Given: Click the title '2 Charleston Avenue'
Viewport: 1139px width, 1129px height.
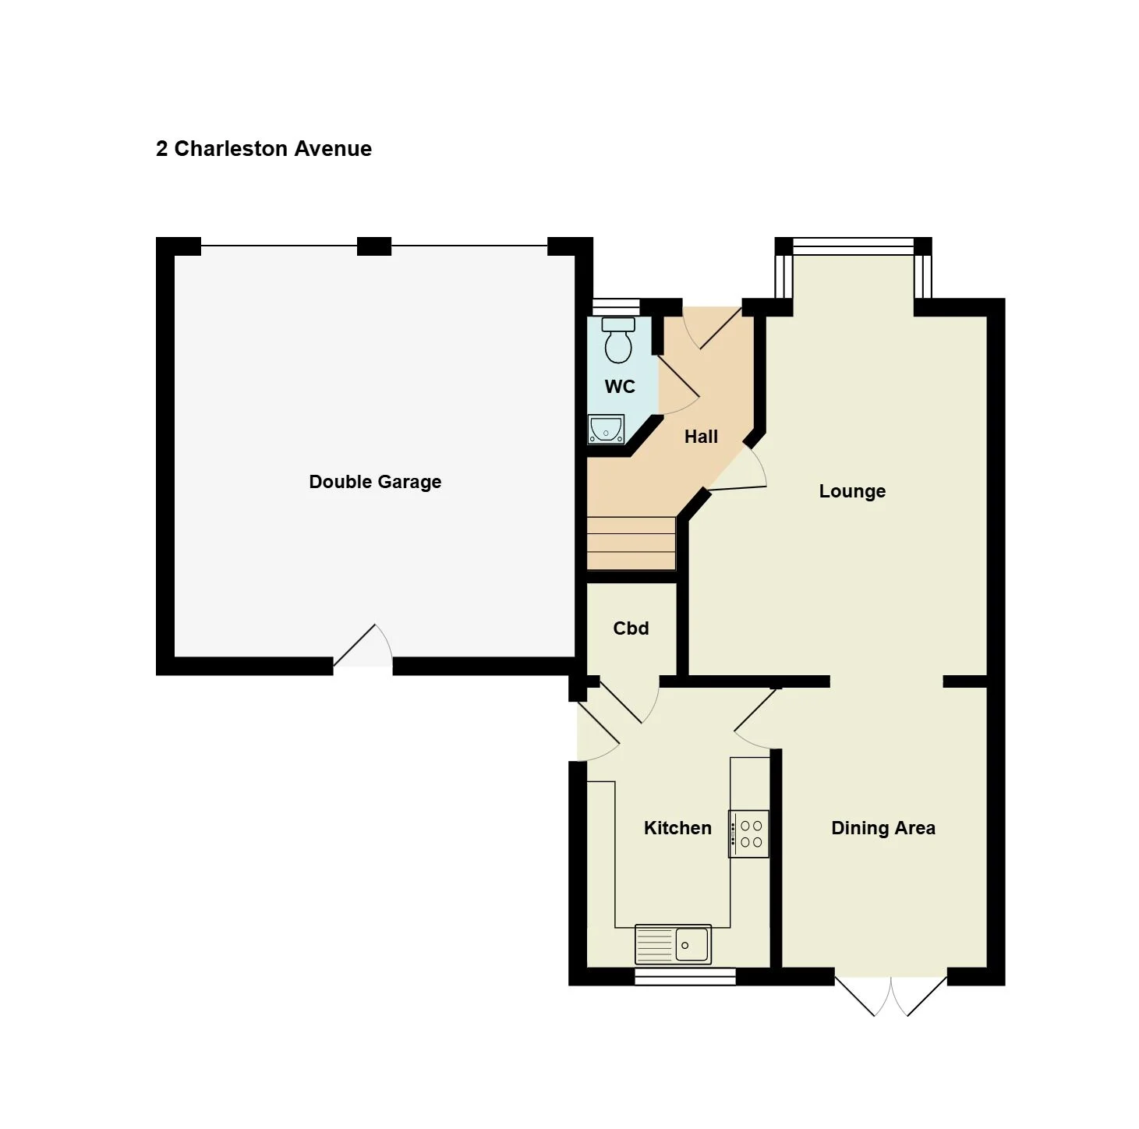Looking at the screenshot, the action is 264,148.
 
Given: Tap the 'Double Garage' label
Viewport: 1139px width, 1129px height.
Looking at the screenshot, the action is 375,481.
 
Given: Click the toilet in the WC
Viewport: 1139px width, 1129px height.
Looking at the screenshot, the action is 618,340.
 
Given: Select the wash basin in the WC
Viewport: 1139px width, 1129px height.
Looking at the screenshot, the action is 606,429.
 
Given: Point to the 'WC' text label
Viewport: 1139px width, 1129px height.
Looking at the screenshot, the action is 620,386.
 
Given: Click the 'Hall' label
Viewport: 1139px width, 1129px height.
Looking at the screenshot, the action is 700,437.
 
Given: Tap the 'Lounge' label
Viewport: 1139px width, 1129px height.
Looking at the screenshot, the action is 852,491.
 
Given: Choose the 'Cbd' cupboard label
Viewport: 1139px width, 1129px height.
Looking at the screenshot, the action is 631,628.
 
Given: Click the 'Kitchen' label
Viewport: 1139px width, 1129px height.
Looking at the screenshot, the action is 677,827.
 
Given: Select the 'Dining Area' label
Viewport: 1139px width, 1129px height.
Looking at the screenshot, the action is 883,827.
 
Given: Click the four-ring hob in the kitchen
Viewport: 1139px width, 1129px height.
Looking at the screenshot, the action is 749,833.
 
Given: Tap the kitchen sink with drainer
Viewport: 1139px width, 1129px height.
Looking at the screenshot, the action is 673,944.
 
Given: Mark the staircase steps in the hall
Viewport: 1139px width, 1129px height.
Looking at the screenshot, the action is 631,543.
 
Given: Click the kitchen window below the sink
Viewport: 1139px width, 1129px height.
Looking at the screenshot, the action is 685,976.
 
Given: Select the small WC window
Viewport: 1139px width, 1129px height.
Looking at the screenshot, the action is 617,307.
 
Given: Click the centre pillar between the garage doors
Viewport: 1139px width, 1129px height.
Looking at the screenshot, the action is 374,246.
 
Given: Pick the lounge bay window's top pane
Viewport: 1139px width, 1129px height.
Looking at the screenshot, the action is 853,246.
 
